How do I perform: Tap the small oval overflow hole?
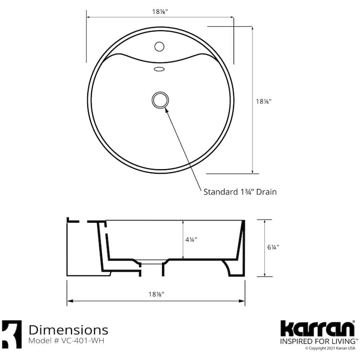159,69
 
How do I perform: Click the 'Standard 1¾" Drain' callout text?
240,192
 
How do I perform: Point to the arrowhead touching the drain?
166,108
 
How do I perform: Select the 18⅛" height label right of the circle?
263,102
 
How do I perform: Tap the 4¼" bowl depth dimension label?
191,239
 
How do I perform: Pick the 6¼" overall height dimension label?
273,247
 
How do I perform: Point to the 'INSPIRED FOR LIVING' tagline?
315,342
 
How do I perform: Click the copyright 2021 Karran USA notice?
331,348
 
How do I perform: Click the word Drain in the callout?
265,192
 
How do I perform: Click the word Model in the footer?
40,341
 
